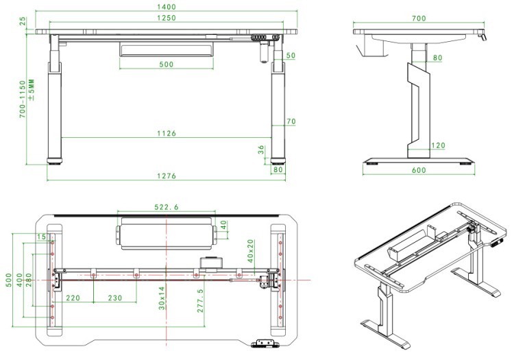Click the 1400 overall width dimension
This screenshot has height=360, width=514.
click(x=167, y=7)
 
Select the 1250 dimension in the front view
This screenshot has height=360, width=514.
click(x=167, y=18)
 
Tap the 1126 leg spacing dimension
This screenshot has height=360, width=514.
click(x=167, y=133)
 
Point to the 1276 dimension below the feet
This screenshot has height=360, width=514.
click(x=167, y=176)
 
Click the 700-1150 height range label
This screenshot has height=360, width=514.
click(x=23, y=99)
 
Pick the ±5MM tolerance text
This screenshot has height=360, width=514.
click(x=31, y=90)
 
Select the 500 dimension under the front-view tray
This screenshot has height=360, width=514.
click(x=167, y=64)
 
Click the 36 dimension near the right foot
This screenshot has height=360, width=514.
click(x=261, y=150)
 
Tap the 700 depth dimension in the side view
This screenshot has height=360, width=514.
click(x=419, y=19)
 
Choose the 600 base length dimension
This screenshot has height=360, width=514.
click(x=419, y=170)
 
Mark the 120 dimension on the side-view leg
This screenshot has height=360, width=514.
click(x=439, y=145)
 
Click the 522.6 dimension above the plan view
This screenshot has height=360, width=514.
click(x=167, y=207)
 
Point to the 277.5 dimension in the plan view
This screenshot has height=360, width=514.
click(x=200, y=300)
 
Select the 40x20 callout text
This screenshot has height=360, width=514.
click(x=250, y=251)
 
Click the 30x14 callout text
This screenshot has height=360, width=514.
click(x=162, y=298)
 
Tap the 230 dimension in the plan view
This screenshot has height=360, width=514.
click(x=115, y=298)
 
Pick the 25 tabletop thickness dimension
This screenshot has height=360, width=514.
click(x=23, y=21)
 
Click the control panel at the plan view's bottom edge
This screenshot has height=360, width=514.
click(x=265, y=344)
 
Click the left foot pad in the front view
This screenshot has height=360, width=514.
click(x=54, y=161)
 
